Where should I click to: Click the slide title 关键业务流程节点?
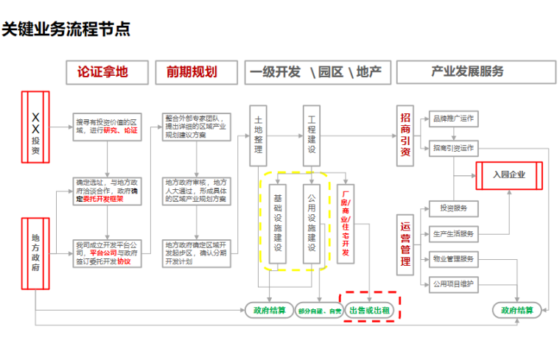click(66, 29)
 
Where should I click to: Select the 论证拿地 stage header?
click(102, 72)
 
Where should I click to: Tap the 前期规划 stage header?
click(192, 72)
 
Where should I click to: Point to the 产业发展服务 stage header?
click(467, 72)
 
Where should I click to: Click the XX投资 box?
click(35, 126)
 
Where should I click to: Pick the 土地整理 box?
click(259, 134)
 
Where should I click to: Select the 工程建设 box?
click(311, 134)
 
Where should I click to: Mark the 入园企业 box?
click(509, 174)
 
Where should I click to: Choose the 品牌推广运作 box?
click(453, 119)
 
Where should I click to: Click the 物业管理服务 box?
click(453, 258)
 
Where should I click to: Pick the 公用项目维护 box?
click(453, 283)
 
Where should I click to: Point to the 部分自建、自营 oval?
click(320, 311)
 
